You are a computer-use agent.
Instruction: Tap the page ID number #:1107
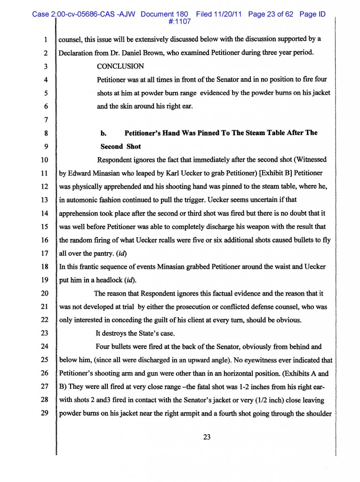tap(179, 21)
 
